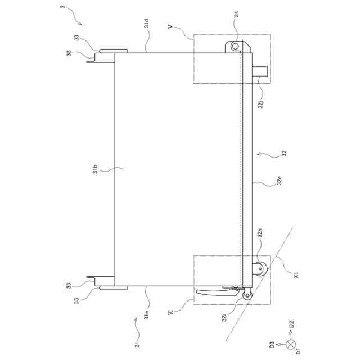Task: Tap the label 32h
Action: click(259, 233)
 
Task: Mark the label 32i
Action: click(224, 319)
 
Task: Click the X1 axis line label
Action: click(295, 276)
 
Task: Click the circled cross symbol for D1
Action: click(291, 344)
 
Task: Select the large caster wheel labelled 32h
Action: click(261, 269)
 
